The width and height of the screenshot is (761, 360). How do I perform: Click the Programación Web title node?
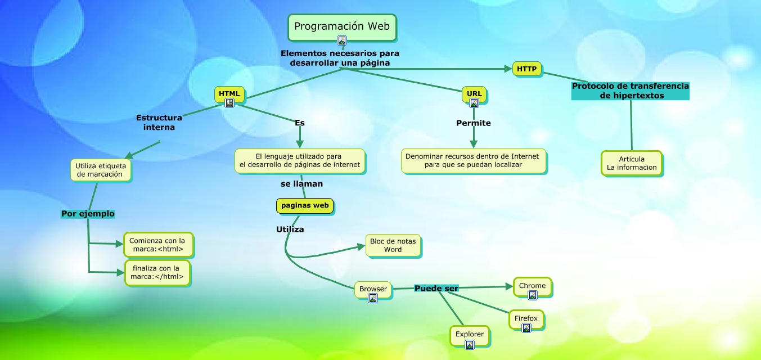click(342, 26)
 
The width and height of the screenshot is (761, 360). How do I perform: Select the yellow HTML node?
click(229, 93)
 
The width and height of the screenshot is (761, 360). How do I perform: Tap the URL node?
click(474, 93)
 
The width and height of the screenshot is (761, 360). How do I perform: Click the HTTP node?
click(526, 69)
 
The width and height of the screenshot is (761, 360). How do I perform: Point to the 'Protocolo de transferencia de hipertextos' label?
click(630, 91)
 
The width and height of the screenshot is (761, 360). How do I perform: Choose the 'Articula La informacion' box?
click(632, 163)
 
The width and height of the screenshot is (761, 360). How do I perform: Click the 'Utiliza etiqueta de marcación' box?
click(101, 170)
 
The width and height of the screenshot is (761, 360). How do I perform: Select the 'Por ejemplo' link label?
click(88, 214)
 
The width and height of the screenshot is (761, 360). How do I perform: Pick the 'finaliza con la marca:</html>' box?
click(157, 272)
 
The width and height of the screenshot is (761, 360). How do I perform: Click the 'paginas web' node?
click(305, 206)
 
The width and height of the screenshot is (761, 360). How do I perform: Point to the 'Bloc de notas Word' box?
click(393, 245)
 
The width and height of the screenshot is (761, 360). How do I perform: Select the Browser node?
click(373, 289)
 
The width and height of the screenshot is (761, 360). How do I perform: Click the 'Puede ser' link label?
click(436, 289)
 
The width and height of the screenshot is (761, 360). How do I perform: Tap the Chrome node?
click(532, 286)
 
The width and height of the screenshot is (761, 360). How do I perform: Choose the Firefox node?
click(526, 319)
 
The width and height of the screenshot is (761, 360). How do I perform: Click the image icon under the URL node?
click(474, 103)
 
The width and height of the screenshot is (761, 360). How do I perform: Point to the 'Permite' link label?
click(473, 123)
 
